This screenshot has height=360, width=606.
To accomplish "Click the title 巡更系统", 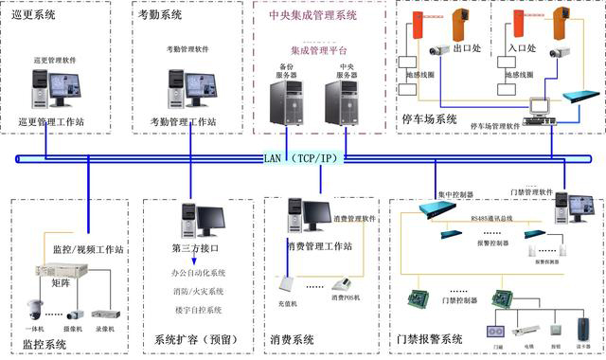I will click(x=34, y=16).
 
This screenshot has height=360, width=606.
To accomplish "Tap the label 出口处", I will click(x=469, y=46).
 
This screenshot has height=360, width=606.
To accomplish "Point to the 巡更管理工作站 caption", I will click(x=51, y=122).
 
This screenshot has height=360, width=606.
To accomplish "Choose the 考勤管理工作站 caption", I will click(x=184, y=122).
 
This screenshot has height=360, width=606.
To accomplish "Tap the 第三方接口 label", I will click(x=194, y=249).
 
